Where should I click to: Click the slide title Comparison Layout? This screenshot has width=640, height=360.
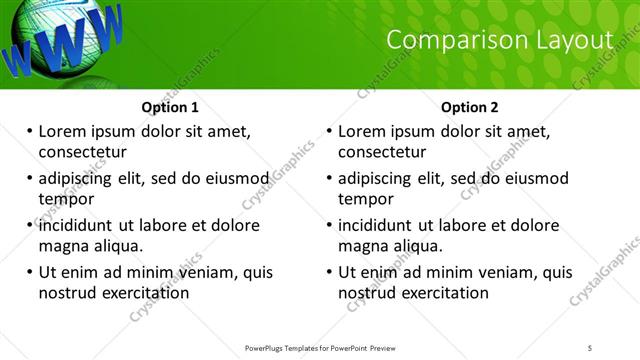coord(499,40)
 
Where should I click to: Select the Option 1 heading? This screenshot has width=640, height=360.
coord(170,107)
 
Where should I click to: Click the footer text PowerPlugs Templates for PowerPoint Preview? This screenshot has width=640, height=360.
coord(320,347)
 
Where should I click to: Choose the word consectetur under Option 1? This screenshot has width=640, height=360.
coord(82,152)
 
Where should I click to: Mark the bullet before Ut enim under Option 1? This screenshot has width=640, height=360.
coord(29,272)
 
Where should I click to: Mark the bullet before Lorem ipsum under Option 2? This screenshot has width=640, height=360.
coord(329,131)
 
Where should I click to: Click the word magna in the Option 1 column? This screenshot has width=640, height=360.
coord(63,246)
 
